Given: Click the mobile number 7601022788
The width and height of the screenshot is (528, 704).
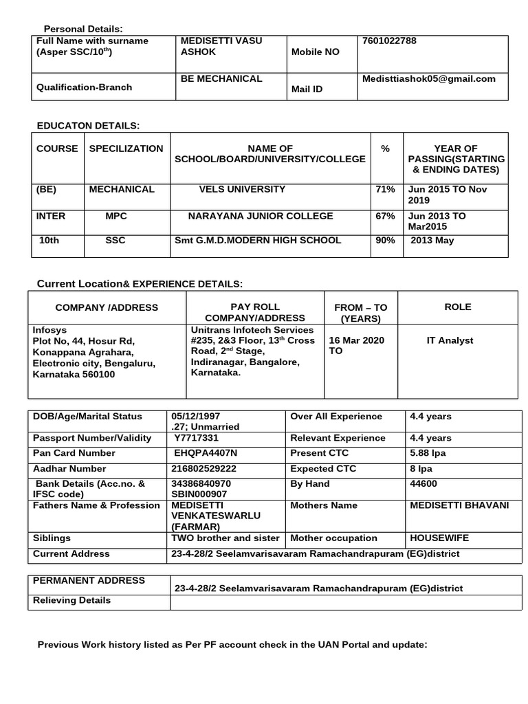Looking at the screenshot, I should [x=389, y=41].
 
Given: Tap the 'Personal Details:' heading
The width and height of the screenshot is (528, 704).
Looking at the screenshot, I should [x=83, y=28].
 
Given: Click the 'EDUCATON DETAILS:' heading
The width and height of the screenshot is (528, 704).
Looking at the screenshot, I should [x=88, y=125].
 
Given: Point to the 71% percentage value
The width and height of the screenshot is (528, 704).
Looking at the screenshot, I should [x=385, y=189].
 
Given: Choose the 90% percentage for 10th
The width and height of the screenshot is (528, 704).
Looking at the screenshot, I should [x=385, y=241].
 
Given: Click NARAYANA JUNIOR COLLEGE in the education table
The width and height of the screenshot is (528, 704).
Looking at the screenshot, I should [x=261, y=216].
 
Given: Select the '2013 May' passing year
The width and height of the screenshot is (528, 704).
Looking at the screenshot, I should [x=432, y=241].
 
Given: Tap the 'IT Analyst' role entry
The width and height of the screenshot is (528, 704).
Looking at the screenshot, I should [x=450, y=340].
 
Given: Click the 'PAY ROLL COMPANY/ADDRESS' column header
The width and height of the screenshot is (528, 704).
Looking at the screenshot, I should [x=245, y=312].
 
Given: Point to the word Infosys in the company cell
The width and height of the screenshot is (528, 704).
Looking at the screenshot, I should [x=50, y=329].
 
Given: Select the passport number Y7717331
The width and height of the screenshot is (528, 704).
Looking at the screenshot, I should [x=197, y=438].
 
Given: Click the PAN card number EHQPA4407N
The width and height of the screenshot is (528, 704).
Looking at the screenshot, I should [x=205, y=453].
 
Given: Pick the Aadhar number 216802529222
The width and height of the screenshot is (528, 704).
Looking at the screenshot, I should [x=203, y=468].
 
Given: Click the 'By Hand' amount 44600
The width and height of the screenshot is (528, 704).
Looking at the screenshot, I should [x=422, y=484].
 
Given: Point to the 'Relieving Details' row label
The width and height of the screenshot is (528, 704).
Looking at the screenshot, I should [x=72, y=600].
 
